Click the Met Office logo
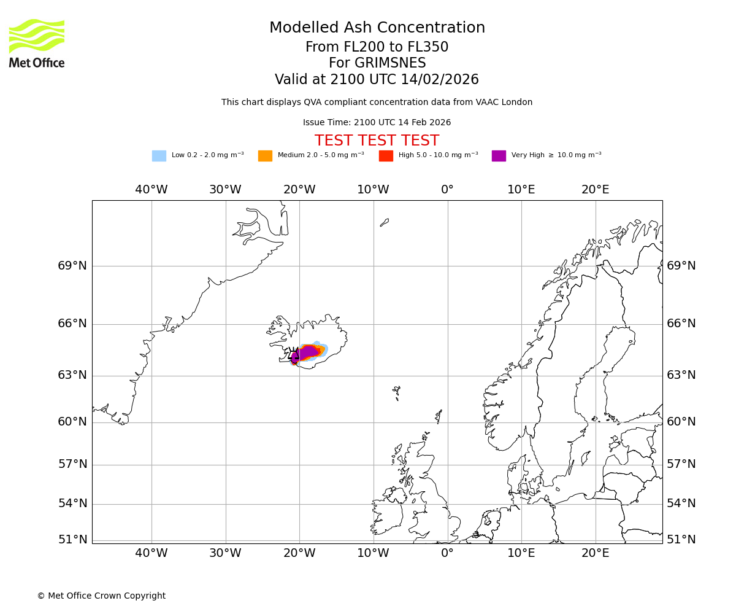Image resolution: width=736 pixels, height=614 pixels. click(37, 43)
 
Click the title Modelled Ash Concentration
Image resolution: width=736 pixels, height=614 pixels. click(377, 28)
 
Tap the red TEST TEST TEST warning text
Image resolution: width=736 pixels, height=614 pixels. click(377, 141)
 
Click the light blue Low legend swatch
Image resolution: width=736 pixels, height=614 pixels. click(159, 156)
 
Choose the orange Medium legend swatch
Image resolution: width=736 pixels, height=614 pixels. click(265, 156)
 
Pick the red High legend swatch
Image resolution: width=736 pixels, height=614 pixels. click(386, 156)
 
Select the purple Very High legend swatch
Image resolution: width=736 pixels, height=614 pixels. click(499, 156)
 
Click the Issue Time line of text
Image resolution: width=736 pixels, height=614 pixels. click(377, 123)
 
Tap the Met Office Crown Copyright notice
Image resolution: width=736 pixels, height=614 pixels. click(101, 596)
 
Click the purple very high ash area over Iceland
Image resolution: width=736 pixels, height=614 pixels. click(307, 352)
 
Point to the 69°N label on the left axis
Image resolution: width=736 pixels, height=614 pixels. click(72, 266)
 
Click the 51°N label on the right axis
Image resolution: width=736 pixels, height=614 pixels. click(681, 540)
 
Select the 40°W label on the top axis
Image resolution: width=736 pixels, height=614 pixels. click(151, 190)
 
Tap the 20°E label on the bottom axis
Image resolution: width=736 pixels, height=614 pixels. click(596, 553)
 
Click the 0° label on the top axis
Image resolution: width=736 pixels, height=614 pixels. click(447, 190)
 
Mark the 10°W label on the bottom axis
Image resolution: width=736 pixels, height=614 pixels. click(373, 553)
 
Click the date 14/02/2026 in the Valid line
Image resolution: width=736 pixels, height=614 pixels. click(440, 80)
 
